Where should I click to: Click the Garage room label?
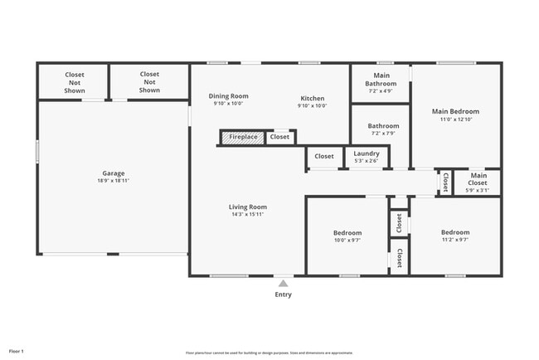114,173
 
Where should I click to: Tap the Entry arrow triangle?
283,284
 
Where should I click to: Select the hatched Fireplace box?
243,137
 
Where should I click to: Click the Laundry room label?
366,153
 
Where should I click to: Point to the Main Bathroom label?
381,80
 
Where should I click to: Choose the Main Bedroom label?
455,111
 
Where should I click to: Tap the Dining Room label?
228,96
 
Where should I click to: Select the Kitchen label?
312,99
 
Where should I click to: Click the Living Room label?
248,207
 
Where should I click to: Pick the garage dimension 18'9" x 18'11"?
114,180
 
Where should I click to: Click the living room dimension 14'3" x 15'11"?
248,214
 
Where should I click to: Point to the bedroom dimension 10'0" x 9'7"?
347,239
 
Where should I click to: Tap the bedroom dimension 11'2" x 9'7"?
455,239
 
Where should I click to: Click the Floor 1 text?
17,352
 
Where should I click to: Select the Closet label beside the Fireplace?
280,137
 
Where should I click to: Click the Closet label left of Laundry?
324,156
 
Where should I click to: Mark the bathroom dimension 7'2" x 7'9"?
381,133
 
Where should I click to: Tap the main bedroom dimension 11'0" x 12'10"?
455,119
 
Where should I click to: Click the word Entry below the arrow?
283,294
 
